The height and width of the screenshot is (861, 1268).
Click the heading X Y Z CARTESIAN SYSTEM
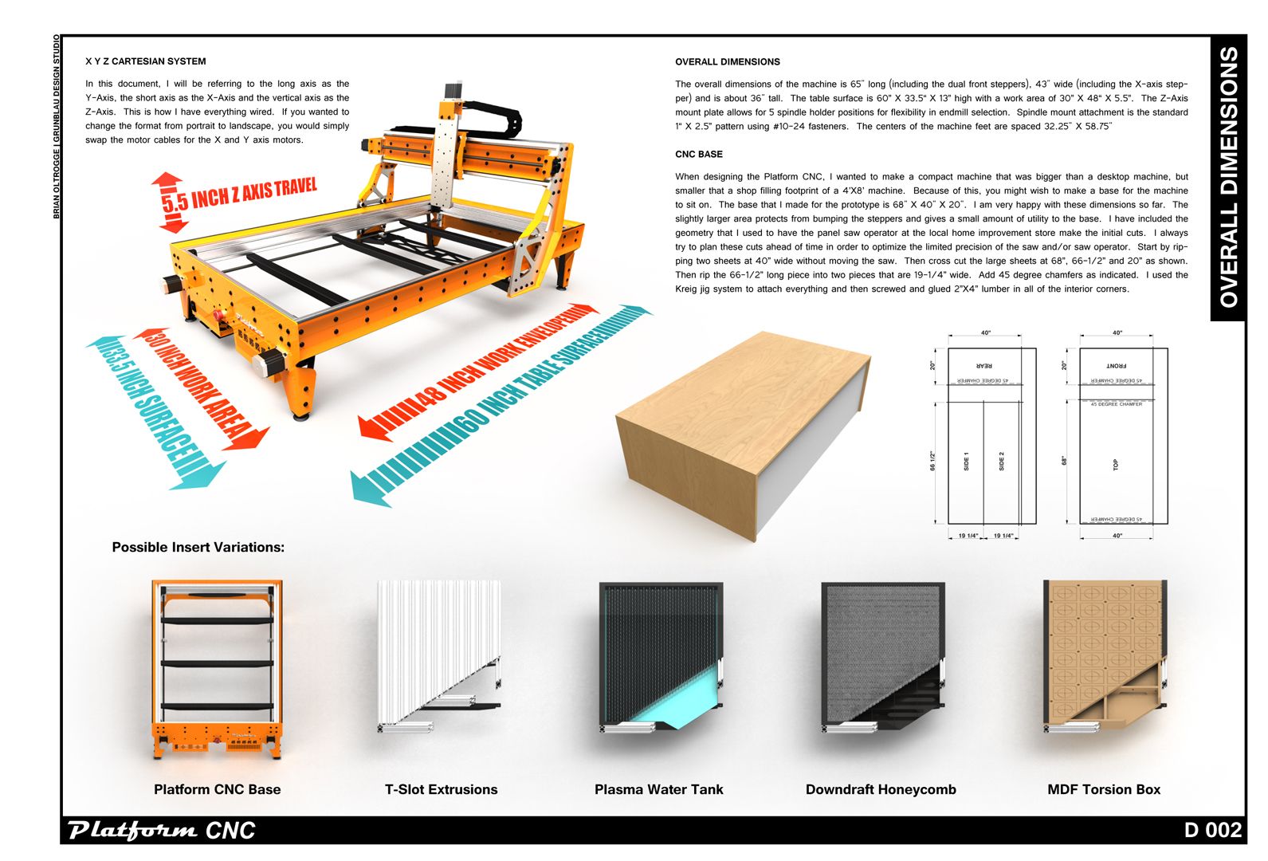point(145,61)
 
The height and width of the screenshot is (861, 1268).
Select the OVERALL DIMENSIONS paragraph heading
point(727,61)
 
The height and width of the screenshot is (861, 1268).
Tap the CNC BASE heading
point(698,154)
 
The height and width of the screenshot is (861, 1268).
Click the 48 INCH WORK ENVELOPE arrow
point(478,372)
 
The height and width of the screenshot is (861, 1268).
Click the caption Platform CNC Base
point(217,789)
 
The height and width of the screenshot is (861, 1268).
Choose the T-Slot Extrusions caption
point(441,789)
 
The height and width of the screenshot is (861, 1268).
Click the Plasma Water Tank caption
point(658,789)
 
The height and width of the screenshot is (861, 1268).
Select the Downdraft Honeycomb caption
point(881,789)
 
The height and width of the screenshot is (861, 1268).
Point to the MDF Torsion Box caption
point(1104,789)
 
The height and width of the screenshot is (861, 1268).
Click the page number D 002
point(1212,830)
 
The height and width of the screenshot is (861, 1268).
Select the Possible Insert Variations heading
point(198,548)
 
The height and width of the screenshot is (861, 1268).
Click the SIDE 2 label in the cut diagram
point(1002,461)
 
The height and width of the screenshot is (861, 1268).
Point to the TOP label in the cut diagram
point(1116,464)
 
